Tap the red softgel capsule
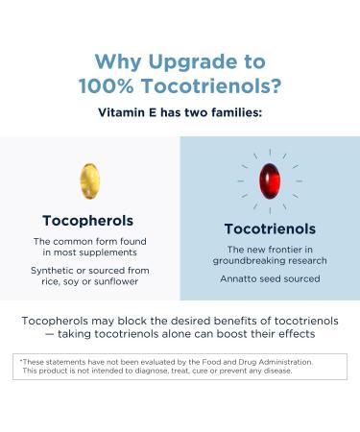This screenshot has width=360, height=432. [x=269, y=181]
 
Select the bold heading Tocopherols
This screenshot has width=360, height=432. [x=87, y=220]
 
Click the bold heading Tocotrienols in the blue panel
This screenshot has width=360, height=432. [x=270, y=229]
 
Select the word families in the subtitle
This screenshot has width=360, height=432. [x=230, y=111]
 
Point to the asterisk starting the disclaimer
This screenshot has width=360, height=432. [x=21, y=360]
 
